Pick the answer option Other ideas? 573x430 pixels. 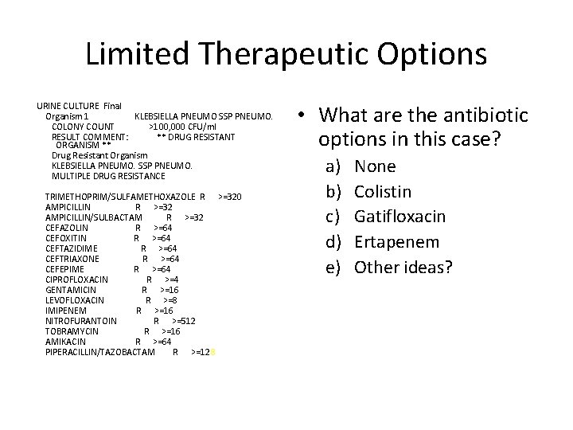click(403, 267)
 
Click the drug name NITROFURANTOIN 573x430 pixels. click(81, 321)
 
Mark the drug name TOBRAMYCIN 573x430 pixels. click(72, 331)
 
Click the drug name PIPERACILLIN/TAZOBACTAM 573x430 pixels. click(100, 352)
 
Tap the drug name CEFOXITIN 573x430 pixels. click(66, 237)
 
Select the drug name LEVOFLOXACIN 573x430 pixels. click(75, 300)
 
